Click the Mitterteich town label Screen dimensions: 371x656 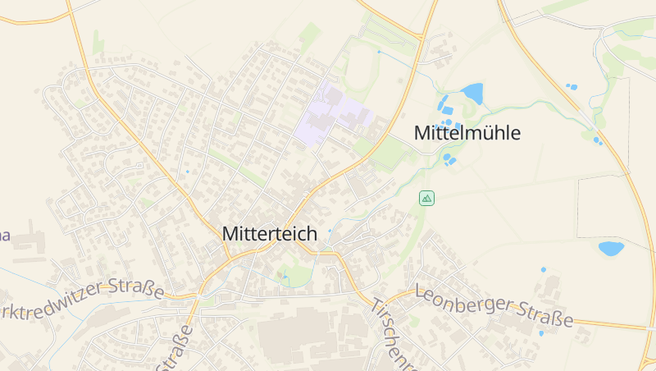pos(269,234)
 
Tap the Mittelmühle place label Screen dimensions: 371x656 pos(467,133)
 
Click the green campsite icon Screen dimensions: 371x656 pos(426,198)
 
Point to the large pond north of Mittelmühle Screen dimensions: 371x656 pos(472,93)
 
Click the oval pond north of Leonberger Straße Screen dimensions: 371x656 pos(610,248)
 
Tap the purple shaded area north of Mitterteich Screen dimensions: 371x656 pos(332,116)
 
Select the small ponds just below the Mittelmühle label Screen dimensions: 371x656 pos(449,159)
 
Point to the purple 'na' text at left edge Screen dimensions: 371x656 pos(4,236)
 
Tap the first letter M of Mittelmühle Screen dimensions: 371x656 pos(422,133)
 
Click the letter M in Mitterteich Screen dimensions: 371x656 pos(230,234)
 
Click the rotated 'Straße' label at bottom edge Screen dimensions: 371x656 pos(180,348)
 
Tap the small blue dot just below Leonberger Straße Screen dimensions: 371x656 pos(540,333)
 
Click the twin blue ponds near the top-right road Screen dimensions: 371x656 pos(572,86)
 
